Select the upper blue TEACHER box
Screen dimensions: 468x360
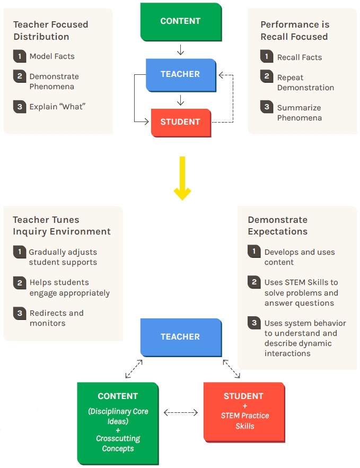point(180,74)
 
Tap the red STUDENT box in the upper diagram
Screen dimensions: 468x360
point(180,122)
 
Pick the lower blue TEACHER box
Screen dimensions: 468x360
point(180,337)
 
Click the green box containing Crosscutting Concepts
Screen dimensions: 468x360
point(118,422)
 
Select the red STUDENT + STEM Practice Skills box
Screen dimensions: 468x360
point(243,411)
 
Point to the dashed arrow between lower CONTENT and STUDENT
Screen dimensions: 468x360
point(181,412)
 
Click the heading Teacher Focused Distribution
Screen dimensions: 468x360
point(50,30)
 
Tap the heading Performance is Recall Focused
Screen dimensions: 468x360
point(294,30)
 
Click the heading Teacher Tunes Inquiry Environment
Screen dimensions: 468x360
point(62,226)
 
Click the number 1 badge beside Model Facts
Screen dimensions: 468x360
point(19,56)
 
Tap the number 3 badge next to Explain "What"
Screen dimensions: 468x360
point(19,106)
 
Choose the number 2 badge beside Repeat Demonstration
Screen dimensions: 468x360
point(267,77)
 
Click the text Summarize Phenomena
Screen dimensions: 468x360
point(299,112)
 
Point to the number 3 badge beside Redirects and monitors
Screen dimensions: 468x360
point(19,313)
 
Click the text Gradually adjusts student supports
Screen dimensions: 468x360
point(63,257)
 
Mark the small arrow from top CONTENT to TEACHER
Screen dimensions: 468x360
point(180,50)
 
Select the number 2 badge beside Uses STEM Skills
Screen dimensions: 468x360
point(254,282)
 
